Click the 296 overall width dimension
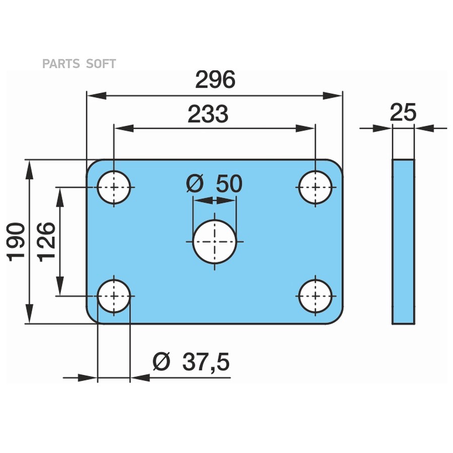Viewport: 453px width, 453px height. tap(215, 80)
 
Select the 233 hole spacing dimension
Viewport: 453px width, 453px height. tap(208, 115)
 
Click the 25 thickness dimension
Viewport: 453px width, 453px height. tap(403, 112)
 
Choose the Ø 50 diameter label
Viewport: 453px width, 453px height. tap(214, 184)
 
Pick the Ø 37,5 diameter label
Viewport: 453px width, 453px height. tap(191, 362)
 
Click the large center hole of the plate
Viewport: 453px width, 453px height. tap(214, 241)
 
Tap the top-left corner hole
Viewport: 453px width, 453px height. tap(114, 187)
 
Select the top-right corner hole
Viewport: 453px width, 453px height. tap(315, 187)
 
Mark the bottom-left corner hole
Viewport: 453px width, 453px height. tap(114, 296)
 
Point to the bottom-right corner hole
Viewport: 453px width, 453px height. tap(315, 296)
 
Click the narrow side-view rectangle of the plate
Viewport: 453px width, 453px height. tap(403, 241)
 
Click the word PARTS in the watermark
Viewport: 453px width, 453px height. tap(61, 64)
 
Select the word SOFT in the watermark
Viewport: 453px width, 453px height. tap(101, 64)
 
